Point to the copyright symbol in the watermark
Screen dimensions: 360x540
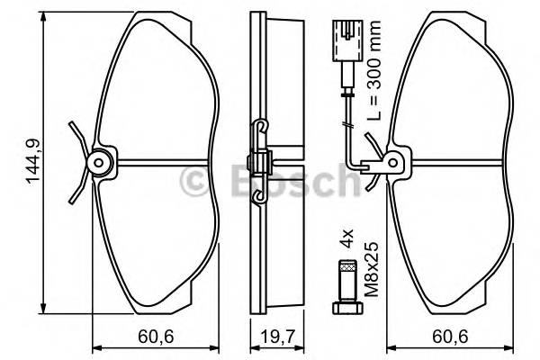(x=196, y=181)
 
